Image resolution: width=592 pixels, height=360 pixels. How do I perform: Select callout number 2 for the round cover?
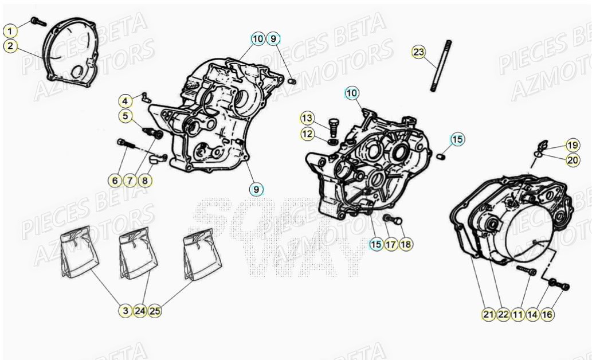click(x=11, y=46)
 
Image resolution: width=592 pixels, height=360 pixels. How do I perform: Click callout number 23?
click(x=419, y=53)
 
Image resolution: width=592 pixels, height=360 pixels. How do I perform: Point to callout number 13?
click(x=308, y=119)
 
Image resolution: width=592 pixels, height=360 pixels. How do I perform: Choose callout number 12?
click(x=308, y=134)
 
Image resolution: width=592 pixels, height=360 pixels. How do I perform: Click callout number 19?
click(x=573, y=144)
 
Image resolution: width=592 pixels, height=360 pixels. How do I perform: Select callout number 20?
click(x=573, y=161)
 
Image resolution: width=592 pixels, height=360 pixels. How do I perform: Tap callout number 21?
click(x=488, y=314)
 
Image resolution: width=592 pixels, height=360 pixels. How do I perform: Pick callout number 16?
click(x=547, y=314)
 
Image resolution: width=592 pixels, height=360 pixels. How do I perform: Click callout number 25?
click(x=155, y=311)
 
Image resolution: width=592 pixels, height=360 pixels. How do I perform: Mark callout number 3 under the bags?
click(x=126, y=311)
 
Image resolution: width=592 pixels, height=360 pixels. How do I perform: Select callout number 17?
click(x=390, y=245)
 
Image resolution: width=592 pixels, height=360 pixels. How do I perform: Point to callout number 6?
click(x=115, y=181)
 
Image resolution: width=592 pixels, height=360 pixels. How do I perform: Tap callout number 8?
click(x=145, y=181)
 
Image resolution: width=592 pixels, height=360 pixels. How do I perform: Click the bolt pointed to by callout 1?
click(x=38, y=21)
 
